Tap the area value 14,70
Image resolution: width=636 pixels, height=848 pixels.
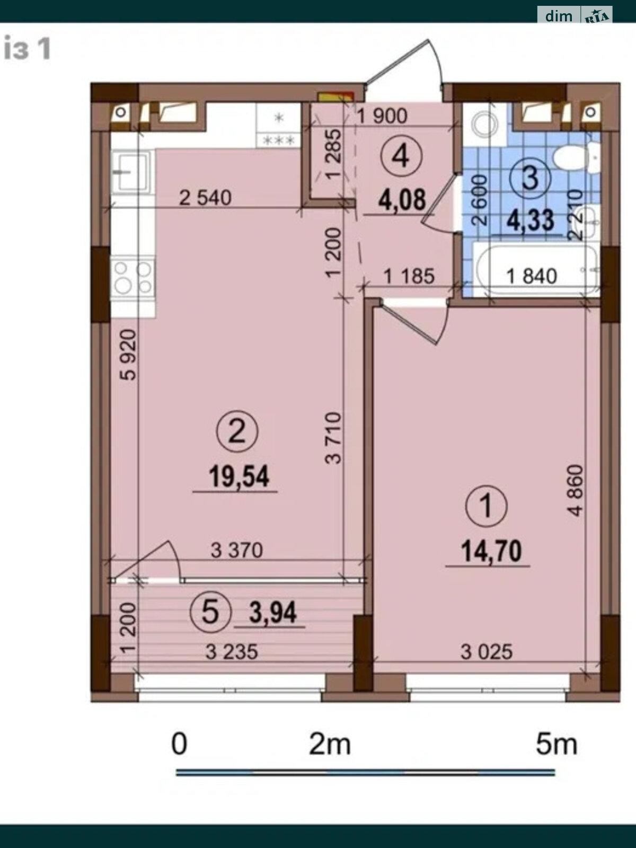pos(491,551)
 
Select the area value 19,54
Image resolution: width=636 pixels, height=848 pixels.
pos(238,476)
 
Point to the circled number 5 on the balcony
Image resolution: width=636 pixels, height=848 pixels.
pos(210,612)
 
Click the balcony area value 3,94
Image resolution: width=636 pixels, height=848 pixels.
pos(273,613)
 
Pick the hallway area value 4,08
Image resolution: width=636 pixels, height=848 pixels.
pos(402,200)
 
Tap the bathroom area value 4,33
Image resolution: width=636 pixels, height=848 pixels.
pos(530,220)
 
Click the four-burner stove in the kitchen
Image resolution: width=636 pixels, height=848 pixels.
pos(132,278)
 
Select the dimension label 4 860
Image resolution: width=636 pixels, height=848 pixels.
pos(575,490)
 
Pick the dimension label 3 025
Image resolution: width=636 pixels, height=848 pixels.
pos(487,651)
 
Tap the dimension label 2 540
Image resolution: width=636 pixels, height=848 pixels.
pos(205,198)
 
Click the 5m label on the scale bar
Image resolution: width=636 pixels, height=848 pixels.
pos(556,745)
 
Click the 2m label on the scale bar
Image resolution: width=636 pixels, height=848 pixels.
pos(330,745)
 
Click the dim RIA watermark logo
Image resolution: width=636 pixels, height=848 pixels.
pos(575,15)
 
